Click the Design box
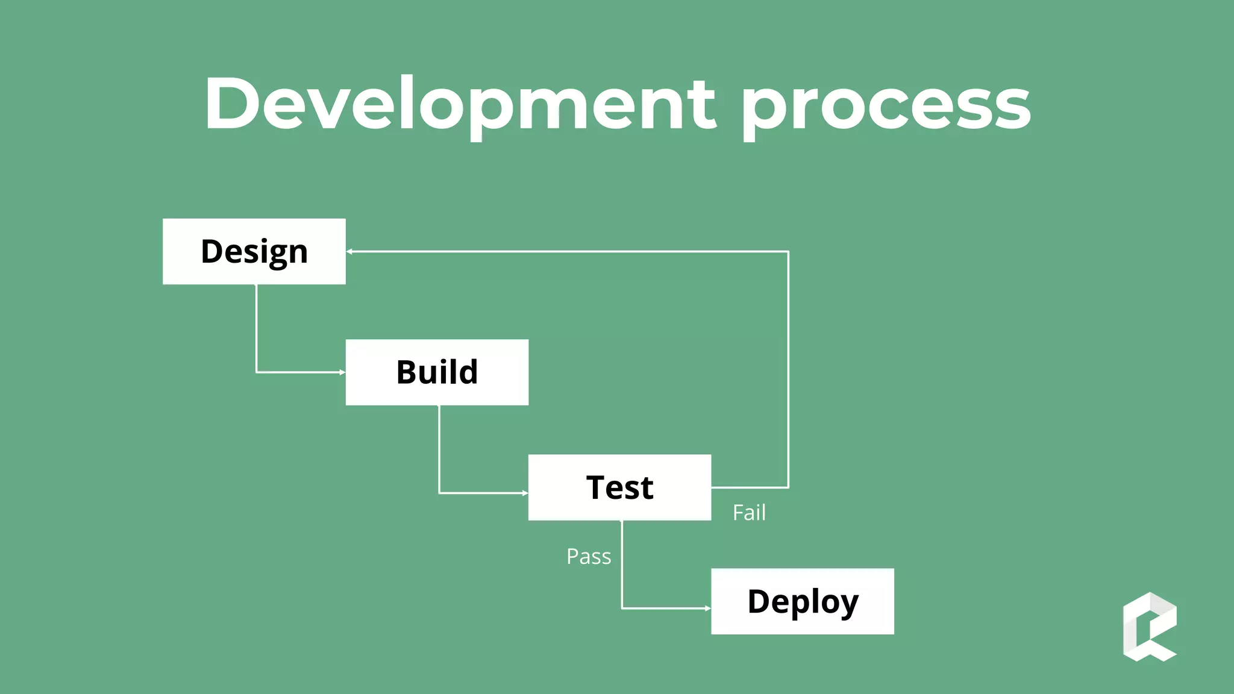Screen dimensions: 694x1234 [x=254, y=251]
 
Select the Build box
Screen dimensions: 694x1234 [x=437, y=372]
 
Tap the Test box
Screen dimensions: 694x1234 [x=619, y=487]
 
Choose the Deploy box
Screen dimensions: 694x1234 [x=802, y=601]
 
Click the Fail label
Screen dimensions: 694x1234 [x=749, y=513]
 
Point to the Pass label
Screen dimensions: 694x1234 [x=589, y=557]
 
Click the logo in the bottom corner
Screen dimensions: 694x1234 [x=1150, y=627]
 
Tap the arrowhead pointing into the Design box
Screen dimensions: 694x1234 [x=349, y=251]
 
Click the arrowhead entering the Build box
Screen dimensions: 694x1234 [x=342, y=372]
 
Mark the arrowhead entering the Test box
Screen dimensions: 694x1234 [x=525, y=493]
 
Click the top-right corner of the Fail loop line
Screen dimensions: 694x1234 [x=788, y=251]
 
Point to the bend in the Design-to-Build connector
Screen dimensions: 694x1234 [x=257, y=372]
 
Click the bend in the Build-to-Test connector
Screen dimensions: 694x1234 [x=439, y=493]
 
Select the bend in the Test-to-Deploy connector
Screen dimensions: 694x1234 [x=622, y=608]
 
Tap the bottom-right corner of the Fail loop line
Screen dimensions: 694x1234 [x=788, y=487]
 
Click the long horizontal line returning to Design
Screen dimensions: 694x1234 [x=566, y=251]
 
